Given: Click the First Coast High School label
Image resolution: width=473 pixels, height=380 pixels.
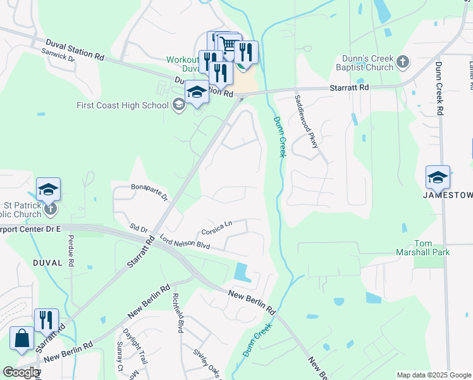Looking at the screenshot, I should [x=123, y=105].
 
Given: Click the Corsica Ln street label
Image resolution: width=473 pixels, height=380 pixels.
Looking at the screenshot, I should [x=217, y=224].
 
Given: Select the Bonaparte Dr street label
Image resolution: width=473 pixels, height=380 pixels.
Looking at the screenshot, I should [x=149, y=193].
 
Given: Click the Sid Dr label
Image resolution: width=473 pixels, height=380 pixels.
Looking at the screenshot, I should [x=138, y=227].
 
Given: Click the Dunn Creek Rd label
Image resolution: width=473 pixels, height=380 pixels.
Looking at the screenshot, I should [x=439, y=88].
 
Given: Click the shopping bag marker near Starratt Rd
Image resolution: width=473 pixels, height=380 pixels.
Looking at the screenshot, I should [x=22, y=338].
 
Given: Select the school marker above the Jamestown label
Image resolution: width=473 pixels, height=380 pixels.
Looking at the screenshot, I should [x=437, y=177].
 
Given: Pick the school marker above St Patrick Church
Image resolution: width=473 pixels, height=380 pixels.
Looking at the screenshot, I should [x=48, y=189].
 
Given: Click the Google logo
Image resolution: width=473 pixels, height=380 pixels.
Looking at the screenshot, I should [x=21, y=372].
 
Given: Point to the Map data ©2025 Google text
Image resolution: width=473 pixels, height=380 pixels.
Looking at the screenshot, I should [x=433, y=375].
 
